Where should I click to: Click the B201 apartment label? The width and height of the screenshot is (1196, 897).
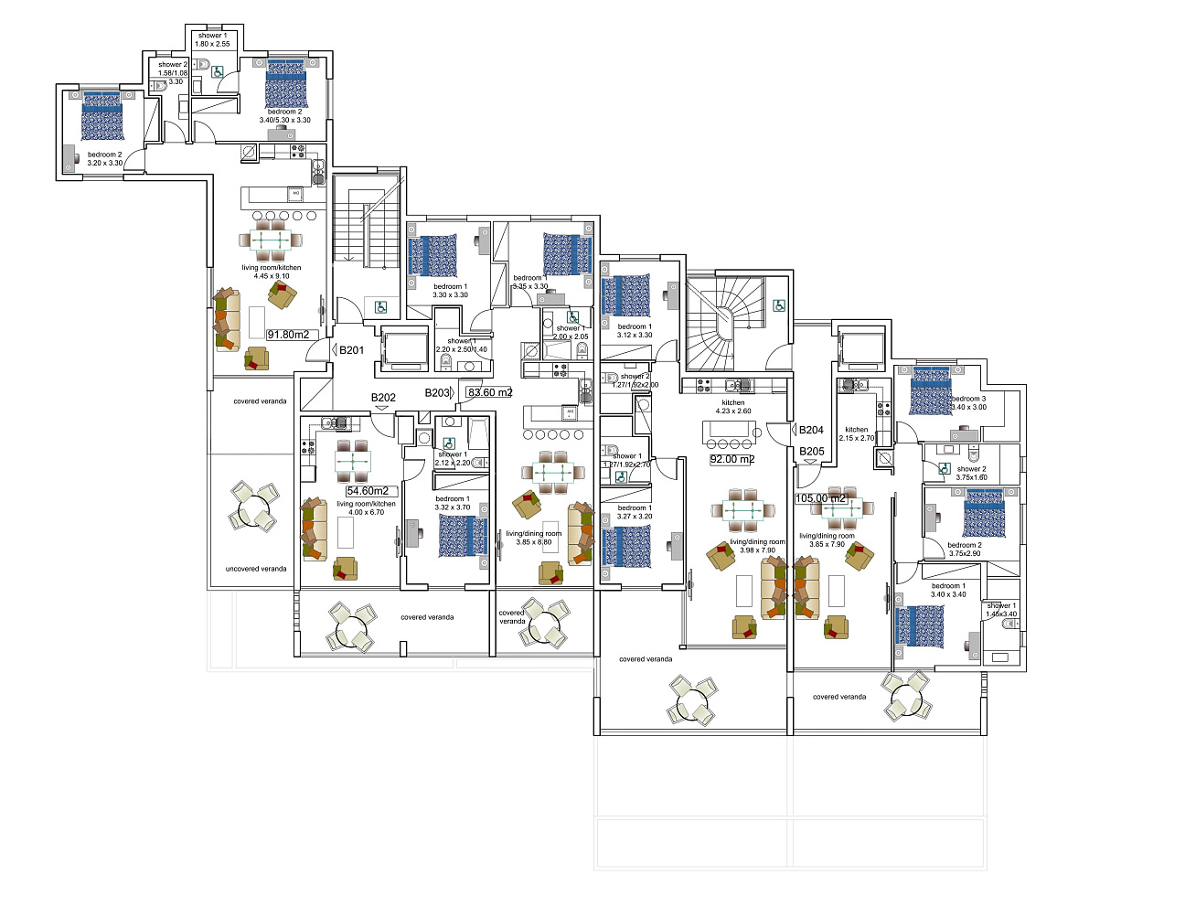point(351,350)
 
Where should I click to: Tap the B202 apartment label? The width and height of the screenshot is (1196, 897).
point(383,398)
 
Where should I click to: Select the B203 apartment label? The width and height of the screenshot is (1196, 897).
point(437,392)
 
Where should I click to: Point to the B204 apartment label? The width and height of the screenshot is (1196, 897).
point(811,430)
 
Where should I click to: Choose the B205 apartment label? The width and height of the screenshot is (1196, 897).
point(811,451)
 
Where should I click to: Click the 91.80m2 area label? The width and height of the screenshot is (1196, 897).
point(288,335)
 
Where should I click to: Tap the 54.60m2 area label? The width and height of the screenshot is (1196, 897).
point(368,491)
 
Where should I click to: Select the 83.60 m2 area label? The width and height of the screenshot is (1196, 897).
point(490,392)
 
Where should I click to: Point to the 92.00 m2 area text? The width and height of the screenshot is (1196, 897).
point(731,459)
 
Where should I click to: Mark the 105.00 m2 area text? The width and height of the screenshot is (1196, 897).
point(821,498)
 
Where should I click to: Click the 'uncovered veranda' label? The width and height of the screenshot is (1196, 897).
point(256,569)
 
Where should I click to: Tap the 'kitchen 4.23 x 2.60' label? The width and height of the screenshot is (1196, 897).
point(733,407)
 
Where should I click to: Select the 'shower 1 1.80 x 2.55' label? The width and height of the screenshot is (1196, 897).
point(212,39)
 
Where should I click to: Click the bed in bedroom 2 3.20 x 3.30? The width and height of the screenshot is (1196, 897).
point(102,116)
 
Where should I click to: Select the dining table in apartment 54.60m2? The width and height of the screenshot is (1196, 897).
point(353,463)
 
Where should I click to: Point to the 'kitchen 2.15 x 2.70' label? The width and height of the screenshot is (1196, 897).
point(857,433)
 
